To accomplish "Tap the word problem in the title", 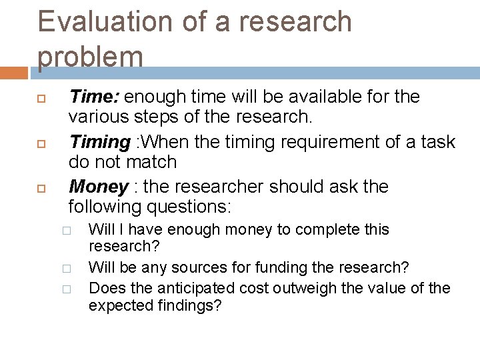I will click(91, 57).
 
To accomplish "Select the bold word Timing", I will click(100, 142).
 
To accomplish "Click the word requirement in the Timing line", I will click(301, 142).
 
